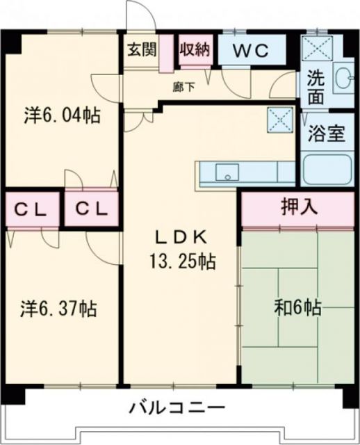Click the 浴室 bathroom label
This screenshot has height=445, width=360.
327,132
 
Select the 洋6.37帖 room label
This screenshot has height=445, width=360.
58,307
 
